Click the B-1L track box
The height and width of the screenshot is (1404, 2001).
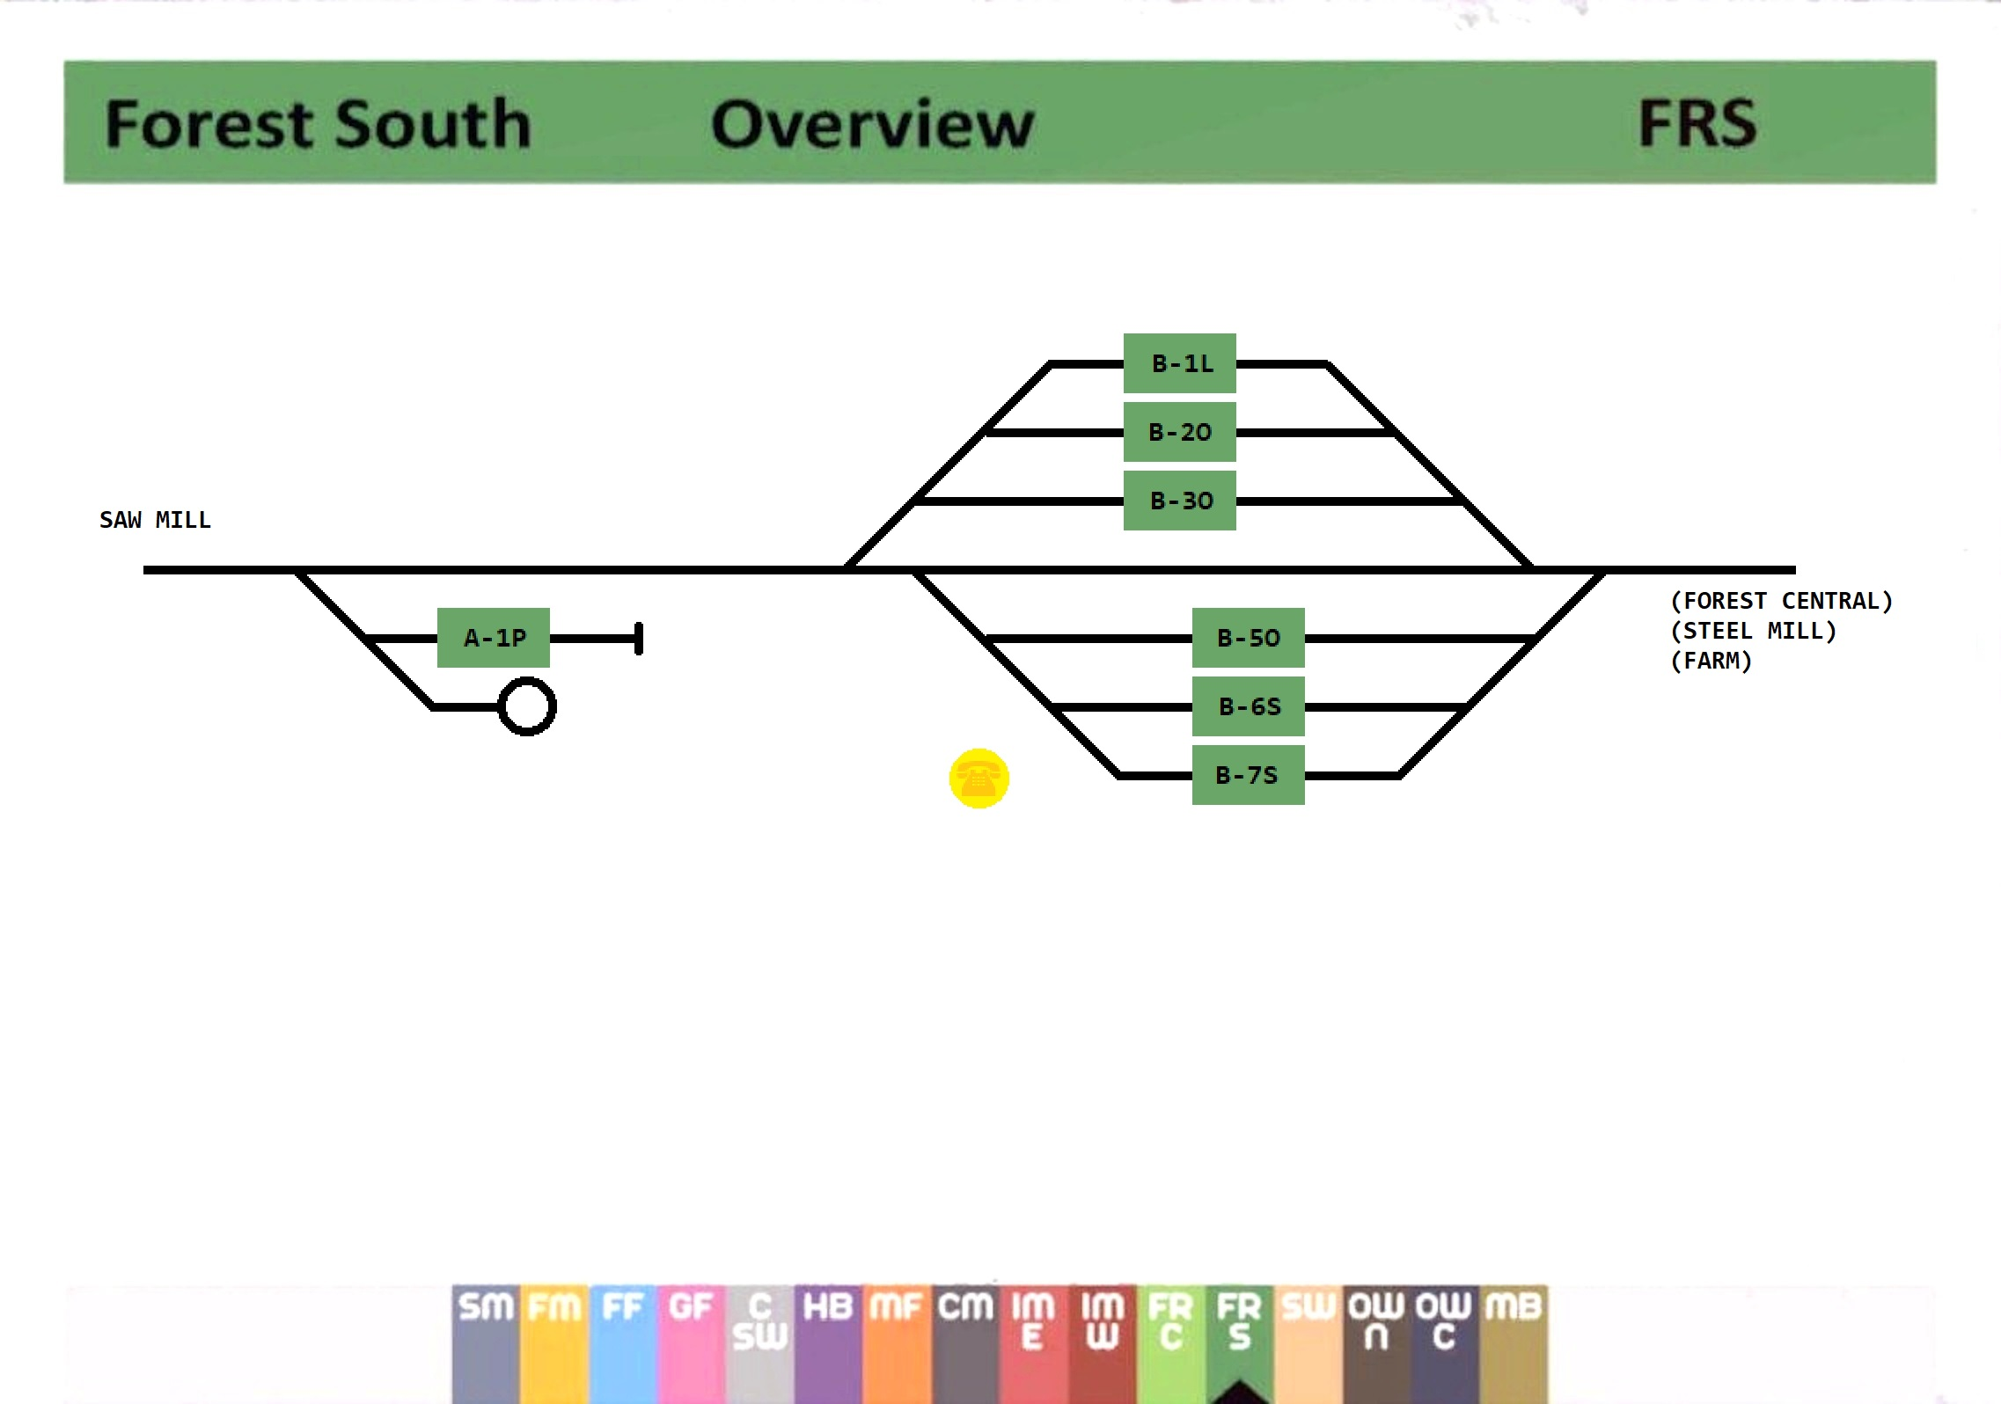click(x=1179, y=363)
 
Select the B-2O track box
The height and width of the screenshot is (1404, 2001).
click(x=1179, y=432)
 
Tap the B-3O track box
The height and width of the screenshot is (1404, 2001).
click(x=1179, y=501)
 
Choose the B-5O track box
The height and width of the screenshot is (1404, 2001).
click(x=1248, y=638)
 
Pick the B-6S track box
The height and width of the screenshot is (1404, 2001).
click(x=1248, y=706)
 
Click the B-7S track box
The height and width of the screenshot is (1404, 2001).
click(x=1248, y=775)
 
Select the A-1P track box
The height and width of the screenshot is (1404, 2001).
click(x=494, y=638)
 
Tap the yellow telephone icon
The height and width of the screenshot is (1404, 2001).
click(x=979, y=779)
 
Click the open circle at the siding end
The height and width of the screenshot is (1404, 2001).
click(x=527, y=706)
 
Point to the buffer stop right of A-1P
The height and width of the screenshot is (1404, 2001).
click(x=639, y=639)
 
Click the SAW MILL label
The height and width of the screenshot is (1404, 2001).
click(x=155, y=520)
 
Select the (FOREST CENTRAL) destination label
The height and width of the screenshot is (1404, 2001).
click(x=1781, y=601)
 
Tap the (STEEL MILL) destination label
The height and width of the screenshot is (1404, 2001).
click(x=1753, y=631)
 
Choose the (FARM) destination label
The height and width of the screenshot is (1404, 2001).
click(x=1711, y=661)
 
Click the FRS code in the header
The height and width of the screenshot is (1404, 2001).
click(x=1697, y=123)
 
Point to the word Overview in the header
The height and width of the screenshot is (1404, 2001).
click(x=872, y=123)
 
